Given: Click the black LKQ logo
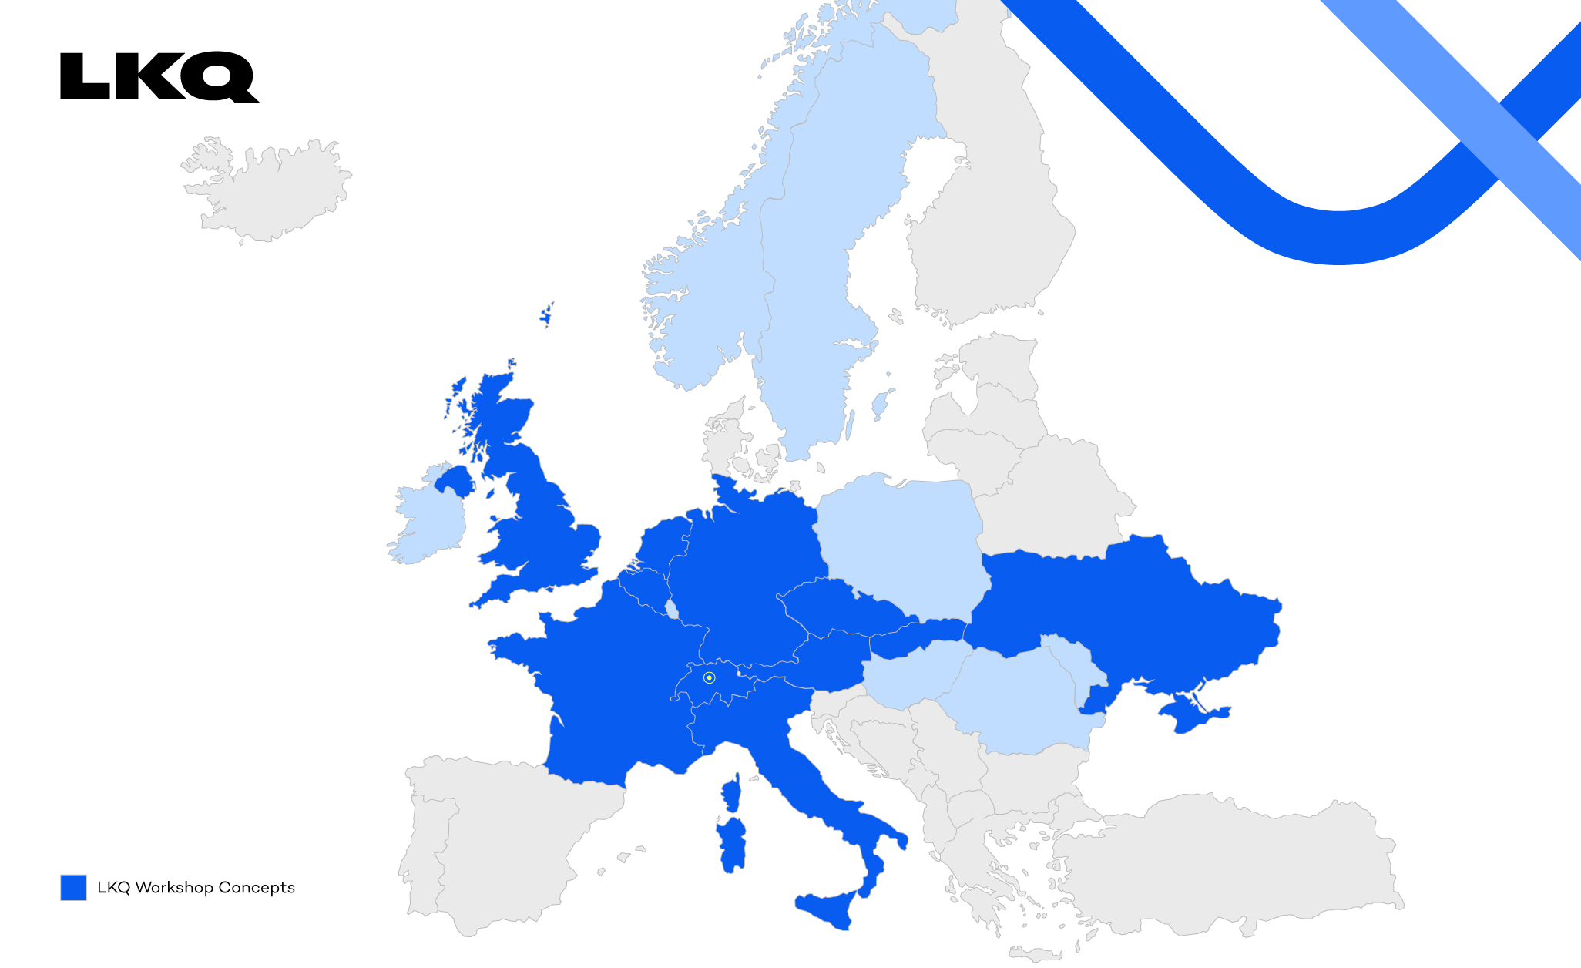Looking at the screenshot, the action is [x=159, y=76].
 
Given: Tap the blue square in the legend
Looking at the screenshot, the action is [x=73, y=887].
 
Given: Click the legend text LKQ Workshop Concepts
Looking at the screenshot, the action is [x=196, y=887].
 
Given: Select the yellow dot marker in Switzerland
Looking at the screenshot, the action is [x=709, y=677].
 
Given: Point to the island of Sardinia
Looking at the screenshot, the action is [x=733, y=844].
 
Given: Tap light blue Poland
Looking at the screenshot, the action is [x=901, y=539].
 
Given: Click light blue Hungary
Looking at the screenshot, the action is [x=909, y=674].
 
